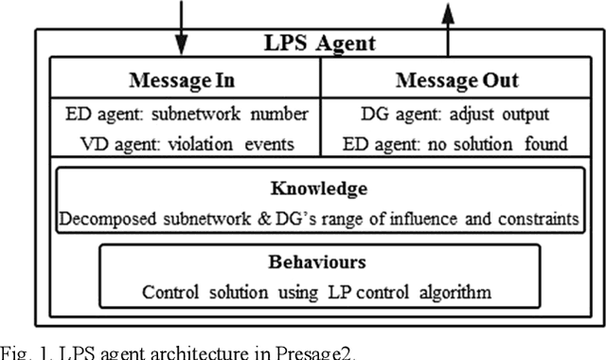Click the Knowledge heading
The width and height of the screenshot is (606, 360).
pos(319,188)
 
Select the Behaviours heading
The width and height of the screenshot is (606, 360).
pos(319,261)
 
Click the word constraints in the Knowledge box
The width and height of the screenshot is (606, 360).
pos(535,218)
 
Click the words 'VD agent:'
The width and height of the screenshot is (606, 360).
pos(102,144)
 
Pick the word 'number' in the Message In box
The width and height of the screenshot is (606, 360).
pos(280,115)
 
